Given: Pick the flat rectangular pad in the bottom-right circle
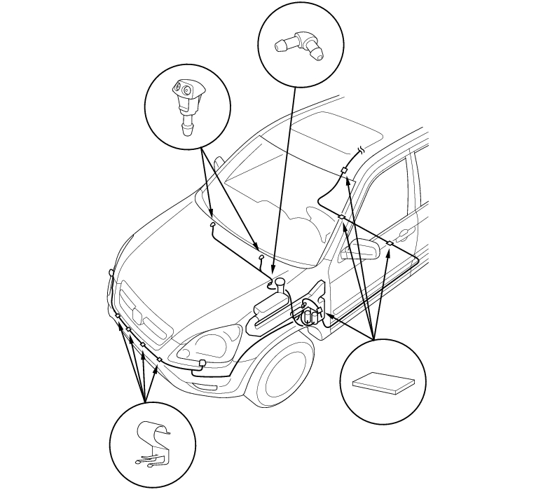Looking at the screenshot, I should click(381, 383).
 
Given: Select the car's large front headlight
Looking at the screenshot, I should click(202, 343).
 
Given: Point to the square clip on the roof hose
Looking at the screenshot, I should click(344, 171).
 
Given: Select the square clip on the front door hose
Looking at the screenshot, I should click(390, 243).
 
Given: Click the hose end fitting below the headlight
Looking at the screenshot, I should click(202, 362).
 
